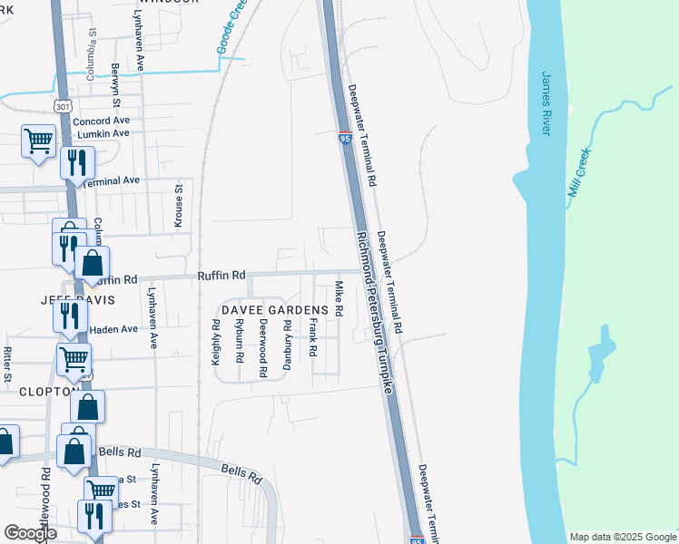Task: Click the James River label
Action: click(x=546, y=103)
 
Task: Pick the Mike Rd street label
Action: click(x=339, y=297)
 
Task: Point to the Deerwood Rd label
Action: click(x=263, y=347)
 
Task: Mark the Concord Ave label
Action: click(x=102, y=121)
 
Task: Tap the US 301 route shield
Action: click(x=60, y=106)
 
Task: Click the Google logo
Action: click(x=31, y=533)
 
